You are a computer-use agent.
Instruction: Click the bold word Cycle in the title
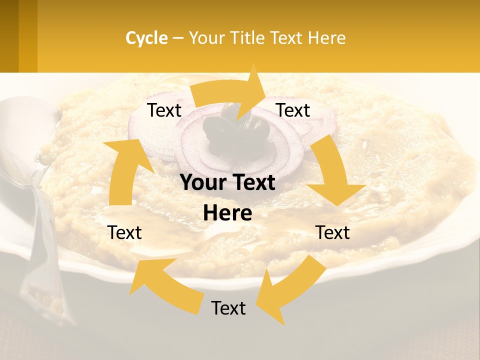pos(146,38)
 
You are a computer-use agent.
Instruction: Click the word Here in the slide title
pos(328,38)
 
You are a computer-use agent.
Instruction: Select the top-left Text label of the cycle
pos(164,110)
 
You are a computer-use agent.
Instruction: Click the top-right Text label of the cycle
pos(293,110)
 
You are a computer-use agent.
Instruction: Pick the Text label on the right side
pos(332,232)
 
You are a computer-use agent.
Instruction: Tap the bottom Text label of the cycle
pos(228,308)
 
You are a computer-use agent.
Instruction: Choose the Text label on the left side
pos(125,232)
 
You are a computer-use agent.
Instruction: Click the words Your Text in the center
pos(227,183)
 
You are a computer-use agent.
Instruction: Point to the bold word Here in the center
pos(227,213)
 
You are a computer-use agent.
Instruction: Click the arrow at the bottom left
pos(165,285)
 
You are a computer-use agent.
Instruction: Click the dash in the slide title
pos(178,38)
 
